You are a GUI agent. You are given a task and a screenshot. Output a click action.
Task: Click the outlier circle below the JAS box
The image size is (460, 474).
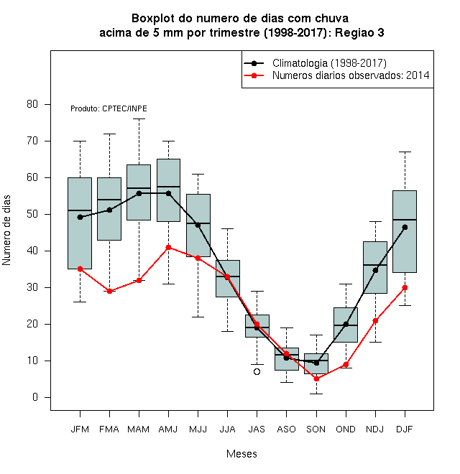point(257,371)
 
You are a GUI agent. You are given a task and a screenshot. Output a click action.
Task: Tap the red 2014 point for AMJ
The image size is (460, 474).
point(169,247)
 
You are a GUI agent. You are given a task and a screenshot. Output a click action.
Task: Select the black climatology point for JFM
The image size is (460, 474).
point(80,217)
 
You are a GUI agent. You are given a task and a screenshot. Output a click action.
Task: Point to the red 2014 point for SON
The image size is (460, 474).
point(316,378)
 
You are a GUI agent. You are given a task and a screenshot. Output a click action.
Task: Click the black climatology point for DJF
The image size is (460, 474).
point(405,228)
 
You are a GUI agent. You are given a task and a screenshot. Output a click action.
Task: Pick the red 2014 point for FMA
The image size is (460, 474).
point(109,291)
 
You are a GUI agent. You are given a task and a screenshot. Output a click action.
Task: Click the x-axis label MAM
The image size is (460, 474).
point(139,429)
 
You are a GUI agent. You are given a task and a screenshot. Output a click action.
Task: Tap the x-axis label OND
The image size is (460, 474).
point(346,429)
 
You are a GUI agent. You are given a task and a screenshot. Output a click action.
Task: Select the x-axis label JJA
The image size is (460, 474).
point(227,429)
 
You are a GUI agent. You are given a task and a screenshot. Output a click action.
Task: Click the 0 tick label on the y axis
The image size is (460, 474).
point(35,397)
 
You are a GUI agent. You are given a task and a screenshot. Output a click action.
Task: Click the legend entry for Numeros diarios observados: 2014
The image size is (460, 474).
point(336,75)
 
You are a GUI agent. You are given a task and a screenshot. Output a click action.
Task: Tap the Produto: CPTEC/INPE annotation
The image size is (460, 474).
point(109,108)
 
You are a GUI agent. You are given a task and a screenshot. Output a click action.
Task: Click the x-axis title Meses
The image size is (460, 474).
point(241,454)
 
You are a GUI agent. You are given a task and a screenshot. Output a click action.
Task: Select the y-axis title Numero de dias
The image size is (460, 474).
point(6,231)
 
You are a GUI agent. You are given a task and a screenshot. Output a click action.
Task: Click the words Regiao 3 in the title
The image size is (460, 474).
point(359,32)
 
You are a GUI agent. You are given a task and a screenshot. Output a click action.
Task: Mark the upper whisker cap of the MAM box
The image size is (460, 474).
point(139,119)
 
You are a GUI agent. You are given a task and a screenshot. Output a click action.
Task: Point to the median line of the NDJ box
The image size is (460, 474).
point(375,265)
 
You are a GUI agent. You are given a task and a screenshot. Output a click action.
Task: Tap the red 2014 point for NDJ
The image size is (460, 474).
point(375,320)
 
